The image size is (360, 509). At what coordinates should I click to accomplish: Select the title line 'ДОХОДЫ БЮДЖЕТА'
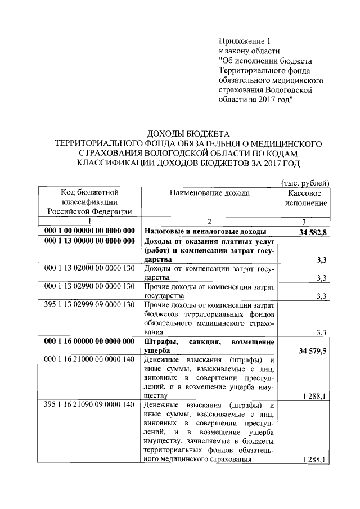click(x=186, y=133)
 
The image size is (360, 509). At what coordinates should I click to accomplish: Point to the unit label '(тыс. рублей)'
click(x=304, y=182)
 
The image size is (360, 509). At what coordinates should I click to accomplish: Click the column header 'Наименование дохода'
click(x=209, y=193)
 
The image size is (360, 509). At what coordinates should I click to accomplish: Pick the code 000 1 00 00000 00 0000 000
click(x=90, y=232)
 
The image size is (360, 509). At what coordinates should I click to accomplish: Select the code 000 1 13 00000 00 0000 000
click(x=90, y=241)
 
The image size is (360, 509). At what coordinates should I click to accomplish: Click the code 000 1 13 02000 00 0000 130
click(x=90, y=268)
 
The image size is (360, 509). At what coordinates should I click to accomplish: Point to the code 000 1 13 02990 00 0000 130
click(x=90, y=286)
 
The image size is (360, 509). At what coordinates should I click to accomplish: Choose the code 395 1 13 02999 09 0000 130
click(x=90, y=304)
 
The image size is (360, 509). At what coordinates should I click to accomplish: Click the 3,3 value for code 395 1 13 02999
click(x=322, y=332)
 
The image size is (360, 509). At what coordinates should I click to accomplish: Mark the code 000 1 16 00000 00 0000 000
click(x=90, y=341)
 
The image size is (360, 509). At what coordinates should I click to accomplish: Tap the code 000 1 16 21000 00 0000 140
click(x=90, y=359)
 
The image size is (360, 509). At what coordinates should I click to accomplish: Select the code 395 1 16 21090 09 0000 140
click(x=90, y=405)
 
